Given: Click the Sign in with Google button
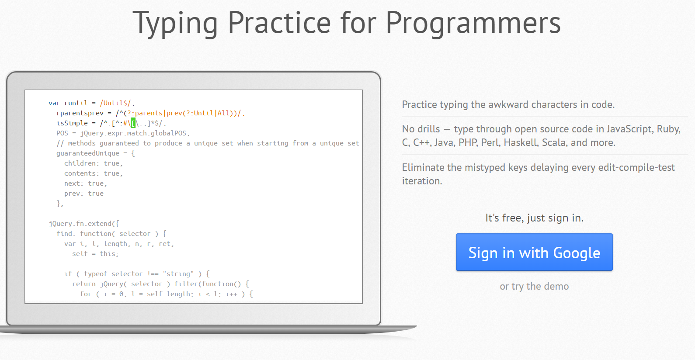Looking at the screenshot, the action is [x=534, y=252].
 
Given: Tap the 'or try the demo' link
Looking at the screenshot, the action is [x=534, y=286].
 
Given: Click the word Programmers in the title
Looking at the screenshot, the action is [x=473, y=23].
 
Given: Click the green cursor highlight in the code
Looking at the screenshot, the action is [x=133, y=123].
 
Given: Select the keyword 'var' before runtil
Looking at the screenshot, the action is [x=54, y=103].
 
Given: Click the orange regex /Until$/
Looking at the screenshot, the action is [x=115, y=103].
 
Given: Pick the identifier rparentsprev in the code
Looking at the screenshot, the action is [x=80, y=113].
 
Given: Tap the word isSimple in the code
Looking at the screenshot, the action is [x=72, y=123].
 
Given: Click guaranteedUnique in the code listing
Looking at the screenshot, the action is [x=88, y=153].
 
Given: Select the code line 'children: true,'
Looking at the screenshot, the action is [x=94, y=163].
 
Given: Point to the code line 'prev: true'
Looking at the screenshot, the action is [x=84, y=194].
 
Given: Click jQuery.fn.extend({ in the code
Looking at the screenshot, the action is [x=84, y=224].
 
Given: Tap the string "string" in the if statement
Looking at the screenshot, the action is [x=178, y=274].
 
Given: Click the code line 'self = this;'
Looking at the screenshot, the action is [x=95, y=254].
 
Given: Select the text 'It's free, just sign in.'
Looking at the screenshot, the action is [x=534, y=218].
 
